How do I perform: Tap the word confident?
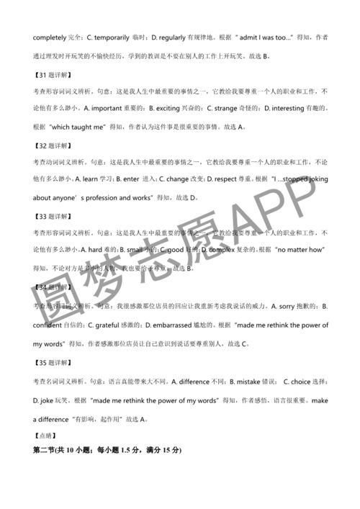pyautogui.click(x=48, y=325)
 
